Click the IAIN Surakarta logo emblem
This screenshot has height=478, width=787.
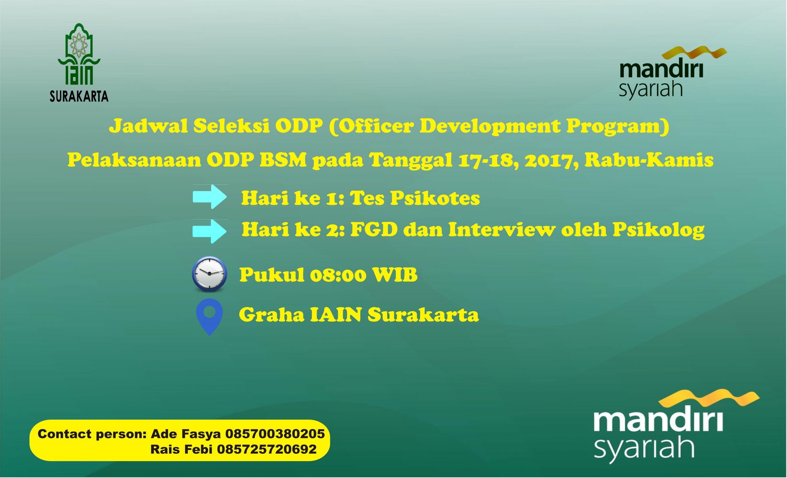(79, 54)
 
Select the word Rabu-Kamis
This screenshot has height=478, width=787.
(649, 160)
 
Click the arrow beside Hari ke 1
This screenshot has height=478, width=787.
(210, 197)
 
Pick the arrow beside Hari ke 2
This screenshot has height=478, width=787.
(210, 231)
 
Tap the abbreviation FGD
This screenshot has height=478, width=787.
(374, 229)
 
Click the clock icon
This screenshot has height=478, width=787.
(210, 274)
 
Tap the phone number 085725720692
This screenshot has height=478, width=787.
(267, 450)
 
